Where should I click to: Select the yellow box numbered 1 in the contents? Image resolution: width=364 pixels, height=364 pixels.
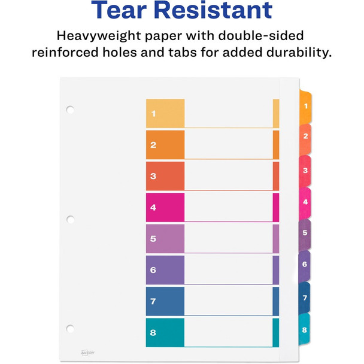(165, 113)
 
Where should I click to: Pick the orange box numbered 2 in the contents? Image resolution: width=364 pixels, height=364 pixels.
(165, 144)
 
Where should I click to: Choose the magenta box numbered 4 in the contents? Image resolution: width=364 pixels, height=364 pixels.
(165, 207)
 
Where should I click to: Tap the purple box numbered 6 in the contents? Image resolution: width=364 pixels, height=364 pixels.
(165, 270)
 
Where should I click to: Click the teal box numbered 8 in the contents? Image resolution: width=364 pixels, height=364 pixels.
(165, 332)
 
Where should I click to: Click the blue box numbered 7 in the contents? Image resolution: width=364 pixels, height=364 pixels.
(165, 301)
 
